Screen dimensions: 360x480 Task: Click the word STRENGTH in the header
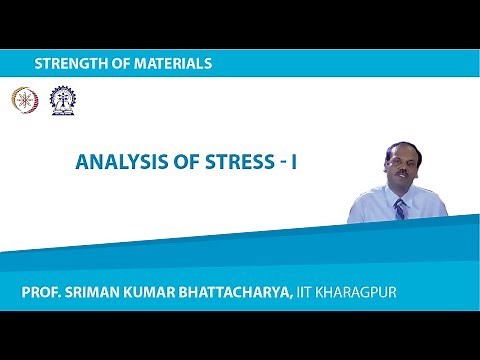pos(72,63)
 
